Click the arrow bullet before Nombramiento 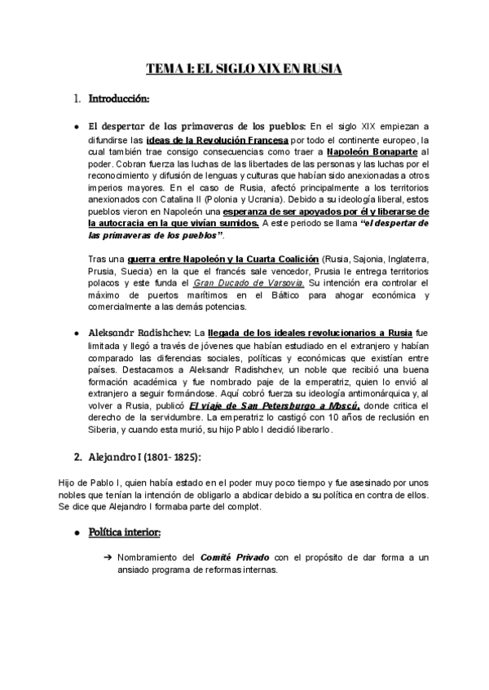[x=108, y=558]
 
